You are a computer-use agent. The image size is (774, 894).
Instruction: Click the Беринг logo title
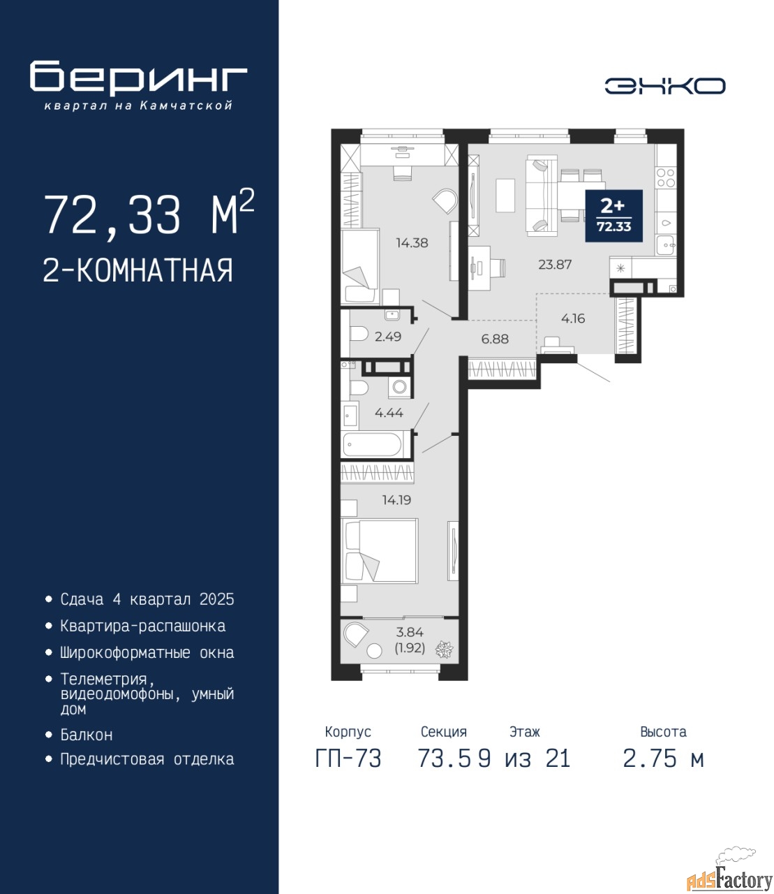pyautogui.click(x=139, y=77)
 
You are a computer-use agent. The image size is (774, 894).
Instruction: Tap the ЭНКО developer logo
pyautogui.click(x=665, y=86)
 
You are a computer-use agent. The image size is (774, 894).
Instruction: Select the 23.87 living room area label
pyautogui.click(x=555, y=264)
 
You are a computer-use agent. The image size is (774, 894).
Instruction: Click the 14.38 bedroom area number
pyautogui.click(x=412, y=242)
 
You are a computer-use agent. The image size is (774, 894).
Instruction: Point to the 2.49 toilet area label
pyautogui.click(x=387, y=337)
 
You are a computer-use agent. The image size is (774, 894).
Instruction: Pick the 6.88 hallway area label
pyautogui.click(x=495, y=339)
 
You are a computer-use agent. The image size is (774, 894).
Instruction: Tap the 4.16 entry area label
pyautogui.click(x=573, y=318)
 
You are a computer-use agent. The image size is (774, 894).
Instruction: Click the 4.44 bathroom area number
pyautogui.click(x=389, y=413)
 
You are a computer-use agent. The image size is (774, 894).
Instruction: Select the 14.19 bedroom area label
pyautogui.click(x=396, y=500)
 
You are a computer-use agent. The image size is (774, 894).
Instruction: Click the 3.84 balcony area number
pyautogui.click(x=410, y=632)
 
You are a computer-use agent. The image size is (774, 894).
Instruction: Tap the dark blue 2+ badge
pyautogui.click(x=613, y=215)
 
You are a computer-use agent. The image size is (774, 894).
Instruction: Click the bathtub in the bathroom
pyautogui.click(x=372, y=444)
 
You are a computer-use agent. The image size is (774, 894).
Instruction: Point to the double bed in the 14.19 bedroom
pyautogui.click(x=380, y=551)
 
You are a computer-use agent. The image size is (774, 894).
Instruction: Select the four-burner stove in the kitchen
pyautogui.click(x=666, y=177)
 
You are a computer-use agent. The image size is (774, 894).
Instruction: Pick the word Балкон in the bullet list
pyautogui.click(x=87, y=734)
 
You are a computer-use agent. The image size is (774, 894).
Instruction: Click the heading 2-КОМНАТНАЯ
pyautogui.click(x=138, y=270)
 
